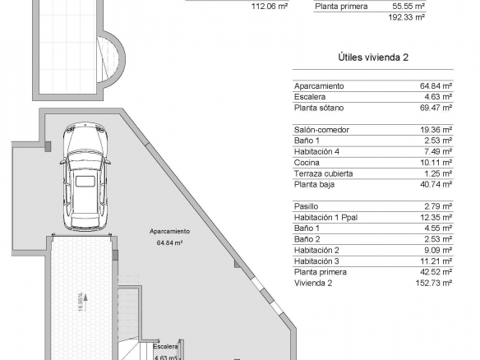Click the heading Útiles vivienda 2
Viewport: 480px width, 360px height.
(373, 58)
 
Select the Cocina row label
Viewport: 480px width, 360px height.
(307, 163)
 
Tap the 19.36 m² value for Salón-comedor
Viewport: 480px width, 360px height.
(436, 130)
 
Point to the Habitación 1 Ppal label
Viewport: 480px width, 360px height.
(325, 217)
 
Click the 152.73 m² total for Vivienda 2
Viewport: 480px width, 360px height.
(433, 283)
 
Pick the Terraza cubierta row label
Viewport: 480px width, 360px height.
(323, 173)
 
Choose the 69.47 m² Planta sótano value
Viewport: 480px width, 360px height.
(436, 108)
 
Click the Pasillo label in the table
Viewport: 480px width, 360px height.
(306, 206)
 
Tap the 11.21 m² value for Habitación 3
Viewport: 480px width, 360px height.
(436, 261)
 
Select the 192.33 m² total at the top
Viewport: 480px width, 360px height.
(407, 17)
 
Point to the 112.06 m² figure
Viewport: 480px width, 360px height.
(270, 6)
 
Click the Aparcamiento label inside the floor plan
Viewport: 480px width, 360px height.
(169, 232)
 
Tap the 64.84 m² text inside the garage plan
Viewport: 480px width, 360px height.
(169, 242)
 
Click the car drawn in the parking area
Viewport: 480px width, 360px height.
(85, 177)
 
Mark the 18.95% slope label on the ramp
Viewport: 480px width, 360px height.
(81, 302)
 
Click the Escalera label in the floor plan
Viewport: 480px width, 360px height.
(165, 347)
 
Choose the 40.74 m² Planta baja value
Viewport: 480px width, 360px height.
(436, 184)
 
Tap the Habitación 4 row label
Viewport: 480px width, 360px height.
(316, 151)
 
